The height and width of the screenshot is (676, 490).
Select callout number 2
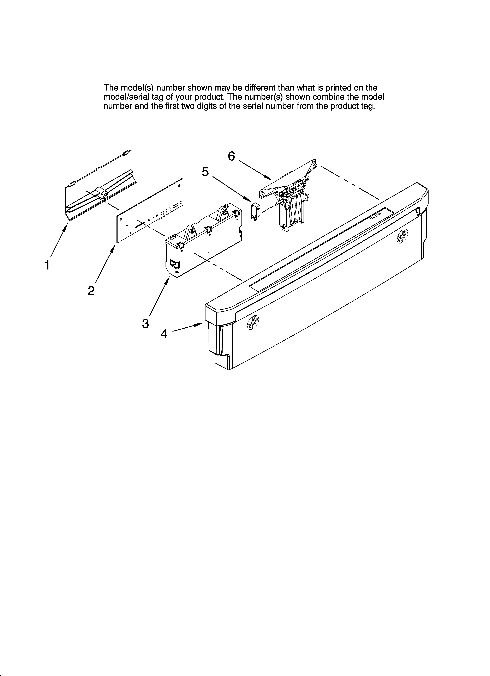91,291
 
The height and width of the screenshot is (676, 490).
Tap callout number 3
145,323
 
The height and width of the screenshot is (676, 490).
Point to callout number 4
164,334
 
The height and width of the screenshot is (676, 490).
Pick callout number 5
205,172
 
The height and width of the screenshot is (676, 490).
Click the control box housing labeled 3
203,241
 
